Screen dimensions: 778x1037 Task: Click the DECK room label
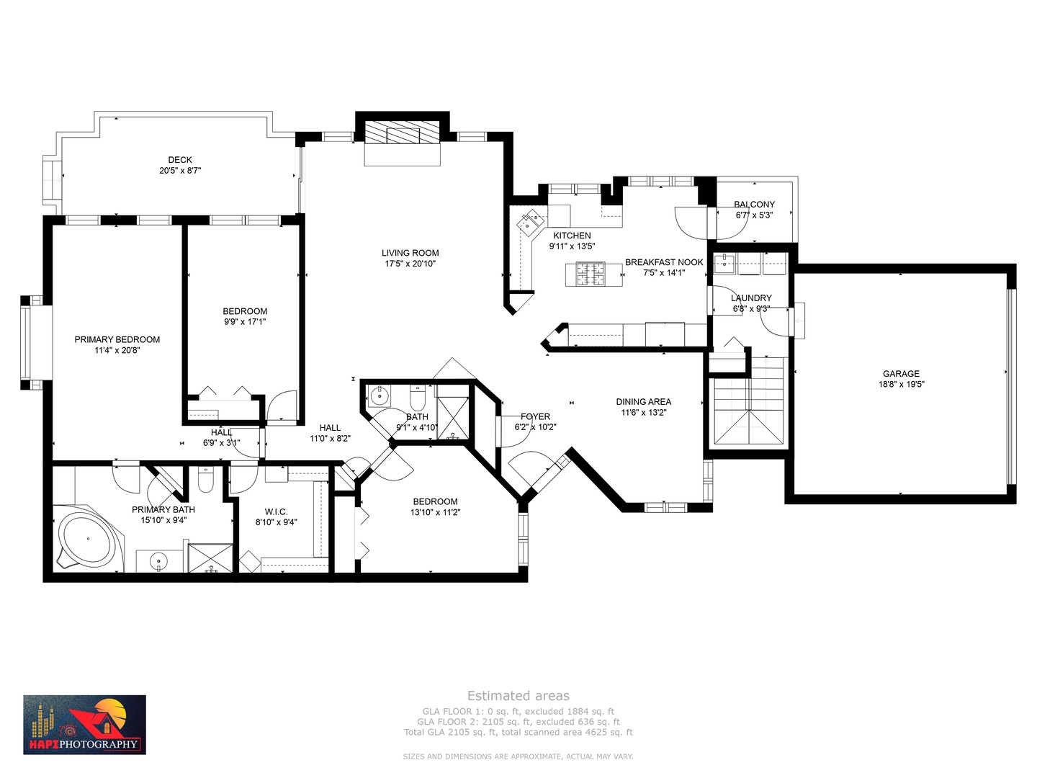point(180,160)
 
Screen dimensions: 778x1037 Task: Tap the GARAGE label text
point(901,373)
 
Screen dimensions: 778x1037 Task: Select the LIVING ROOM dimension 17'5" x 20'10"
point(410,264)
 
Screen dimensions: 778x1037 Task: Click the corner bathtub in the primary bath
point(87,540)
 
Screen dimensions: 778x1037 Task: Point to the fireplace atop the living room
point(402,134)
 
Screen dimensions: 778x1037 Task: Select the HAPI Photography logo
point(84,725)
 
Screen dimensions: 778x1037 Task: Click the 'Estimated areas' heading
point(518,696)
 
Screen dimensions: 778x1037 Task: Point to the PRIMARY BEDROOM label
point(117,339)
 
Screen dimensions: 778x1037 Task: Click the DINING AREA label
point(643,402)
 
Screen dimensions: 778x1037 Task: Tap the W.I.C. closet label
point(276,511)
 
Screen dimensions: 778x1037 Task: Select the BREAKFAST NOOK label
point(663,262)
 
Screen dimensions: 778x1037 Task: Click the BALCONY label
point(754,205)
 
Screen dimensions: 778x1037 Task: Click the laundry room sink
point(724,264)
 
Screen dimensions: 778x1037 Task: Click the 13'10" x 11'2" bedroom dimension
point(435,512)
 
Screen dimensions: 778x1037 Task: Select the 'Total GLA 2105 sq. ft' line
point(518,732)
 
